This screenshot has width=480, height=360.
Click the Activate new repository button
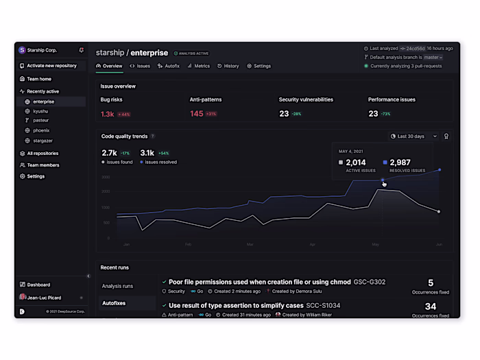click(51, 66)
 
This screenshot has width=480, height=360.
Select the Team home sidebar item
click(39, 79)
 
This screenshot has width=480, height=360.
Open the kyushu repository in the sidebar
click(40, 111)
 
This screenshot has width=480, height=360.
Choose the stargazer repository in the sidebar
click(43, 140)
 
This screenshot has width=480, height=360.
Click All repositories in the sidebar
click(43, 154)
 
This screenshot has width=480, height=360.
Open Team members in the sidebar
click(43, 165)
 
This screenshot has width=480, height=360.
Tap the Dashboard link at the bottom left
click(38, 285)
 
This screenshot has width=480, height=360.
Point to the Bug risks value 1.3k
click(108, 114)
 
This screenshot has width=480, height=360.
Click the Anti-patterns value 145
click(197, 114)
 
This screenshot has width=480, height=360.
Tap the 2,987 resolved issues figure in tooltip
click(402, 163)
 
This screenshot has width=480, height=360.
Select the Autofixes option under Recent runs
click(115, 302)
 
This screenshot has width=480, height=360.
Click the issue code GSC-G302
click(370, 282)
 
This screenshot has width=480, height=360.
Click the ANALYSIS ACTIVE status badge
click(191, 53)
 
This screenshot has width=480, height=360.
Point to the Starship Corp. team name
click(43, 50)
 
